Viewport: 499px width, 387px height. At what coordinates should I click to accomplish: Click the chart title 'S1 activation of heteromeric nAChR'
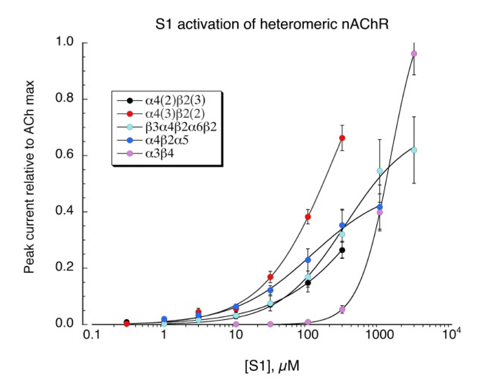272,24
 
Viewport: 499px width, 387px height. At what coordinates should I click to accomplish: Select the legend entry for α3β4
159,154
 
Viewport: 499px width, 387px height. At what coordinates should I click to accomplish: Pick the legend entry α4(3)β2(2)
175,114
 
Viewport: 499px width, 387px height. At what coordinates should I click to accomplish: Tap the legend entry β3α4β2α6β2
181,127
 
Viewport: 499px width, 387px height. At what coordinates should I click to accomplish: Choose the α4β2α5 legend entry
167,140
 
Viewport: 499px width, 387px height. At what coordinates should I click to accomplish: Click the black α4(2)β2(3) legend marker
130,101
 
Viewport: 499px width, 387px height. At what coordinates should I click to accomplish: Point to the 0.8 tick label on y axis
64,98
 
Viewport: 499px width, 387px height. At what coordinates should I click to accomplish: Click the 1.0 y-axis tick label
64,42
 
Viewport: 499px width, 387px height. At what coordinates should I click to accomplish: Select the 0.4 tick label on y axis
64,211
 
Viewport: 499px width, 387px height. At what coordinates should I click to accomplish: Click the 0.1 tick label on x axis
91,336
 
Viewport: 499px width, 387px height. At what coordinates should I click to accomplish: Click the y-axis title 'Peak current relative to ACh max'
29,177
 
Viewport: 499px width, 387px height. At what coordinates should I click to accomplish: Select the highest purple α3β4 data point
414,54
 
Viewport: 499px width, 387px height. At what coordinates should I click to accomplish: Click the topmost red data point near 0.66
342,138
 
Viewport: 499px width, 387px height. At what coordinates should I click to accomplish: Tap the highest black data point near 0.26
342,250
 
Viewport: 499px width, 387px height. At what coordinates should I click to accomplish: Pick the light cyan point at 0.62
414,150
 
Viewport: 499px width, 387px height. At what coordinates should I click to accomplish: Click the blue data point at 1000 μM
380,207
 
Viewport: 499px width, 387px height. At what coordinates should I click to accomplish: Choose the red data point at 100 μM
308,217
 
